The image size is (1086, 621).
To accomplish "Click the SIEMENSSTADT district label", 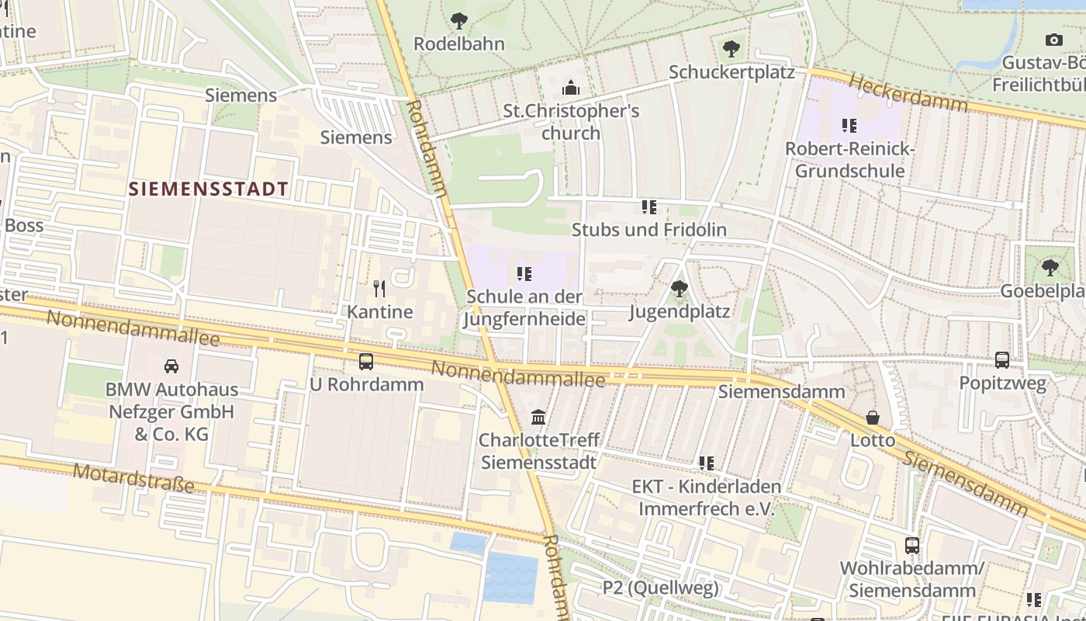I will (x=208, y=189).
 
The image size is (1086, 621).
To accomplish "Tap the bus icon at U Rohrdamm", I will (x=365, y=361).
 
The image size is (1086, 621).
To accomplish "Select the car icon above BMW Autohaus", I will (x=171, y=366).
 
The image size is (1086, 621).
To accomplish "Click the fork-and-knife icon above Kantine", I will (x=379, y=289).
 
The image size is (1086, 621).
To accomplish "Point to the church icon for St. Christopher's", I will (x=571, y=88).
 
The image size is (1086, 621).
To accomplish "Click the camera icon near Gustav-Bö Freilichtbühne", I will (x=1053, y=40).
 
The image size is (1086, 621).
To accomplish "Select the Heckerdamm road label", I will (x=908, y=92).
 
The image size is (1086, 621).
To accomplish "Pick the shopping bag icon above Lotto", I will (x=873, y=418).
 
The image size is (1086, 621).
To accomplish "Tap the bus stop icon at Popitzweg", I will (x=1002, y=360).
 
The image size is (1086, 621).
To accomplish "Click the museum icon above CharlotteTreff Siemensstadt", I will (x=538, y=418).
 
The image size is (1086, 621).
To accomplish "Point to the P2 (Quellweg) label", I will (x=661, y=588).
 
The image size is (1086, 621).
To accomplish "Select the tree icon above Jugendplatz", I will (x=679, y=289).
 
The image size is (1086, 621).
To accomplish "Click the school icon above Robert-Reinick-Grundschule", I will (x=849, y=126).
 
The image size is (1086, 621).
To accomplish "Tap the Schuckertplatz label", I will (x=731, y=72).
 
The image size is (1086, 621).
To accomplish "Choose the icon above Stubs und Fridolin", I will (x=649, y=207).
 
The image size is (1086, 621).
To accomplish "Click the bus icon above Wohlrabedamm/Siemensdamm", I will (x=911, y=546).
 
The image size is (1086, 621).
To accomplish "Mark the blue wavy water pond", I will (x=510, y=578).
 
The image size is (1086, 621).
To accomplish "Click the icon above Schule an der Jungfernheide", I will (x=524, y=274).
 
